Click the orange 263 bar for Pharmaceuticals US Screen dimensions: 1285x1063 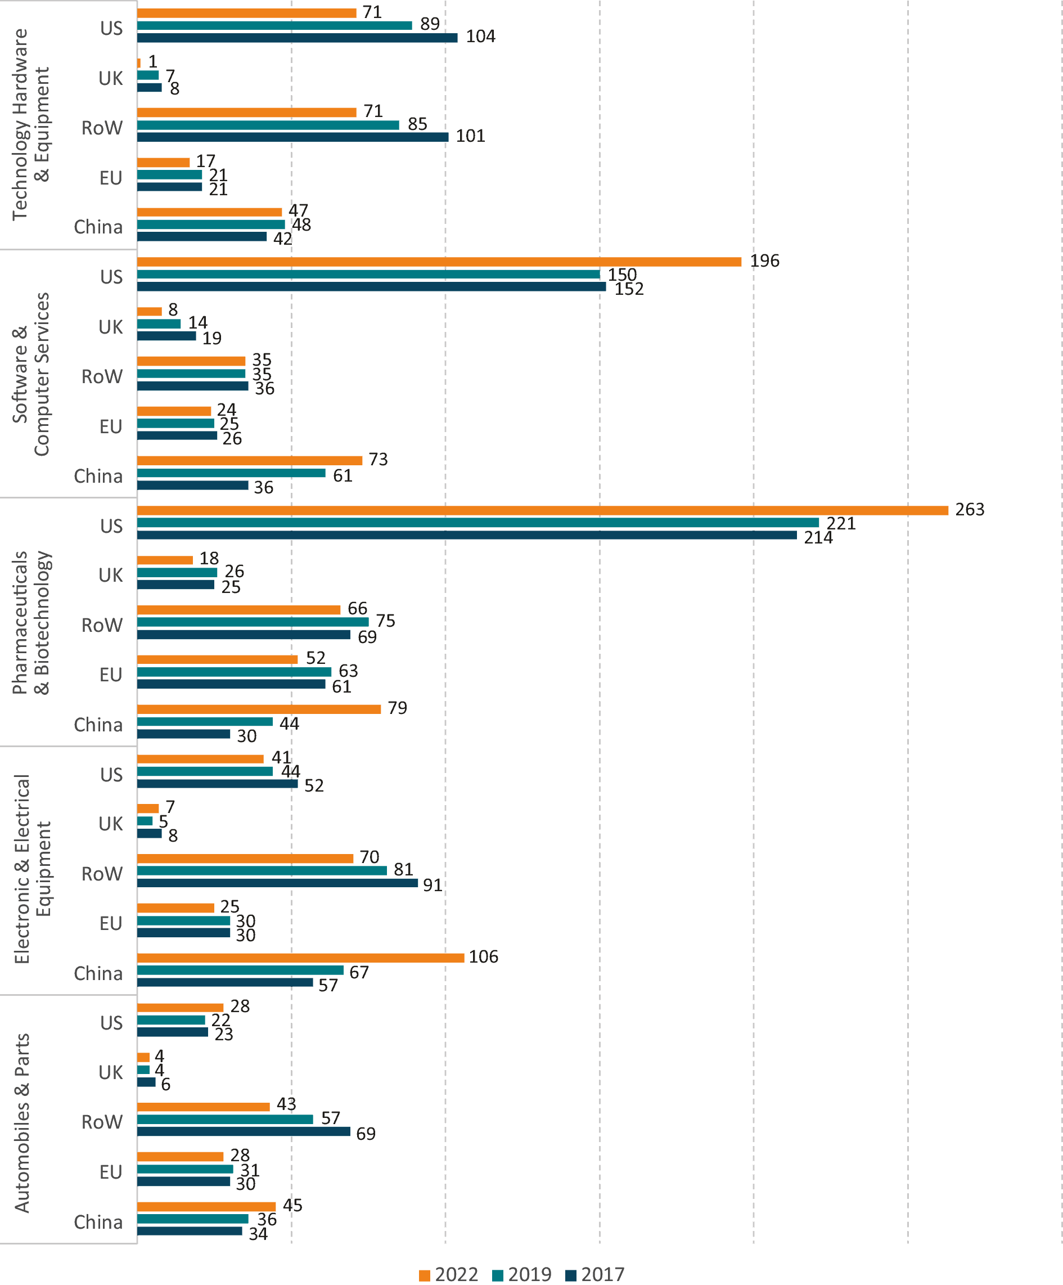pyautogui.click(x=543, y=510)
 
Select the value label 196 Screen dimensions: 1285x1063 pyautogui.click(x=764, y=261)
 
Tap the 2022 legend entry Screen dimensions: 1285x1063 pyautogui.click(x=449, y=1274)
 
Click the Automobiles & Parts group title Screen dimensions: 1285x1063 pyautogui.click(x=22, y=1123)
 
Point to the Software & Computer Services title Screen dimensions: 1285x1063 pyautogui.click(x=30, y=375)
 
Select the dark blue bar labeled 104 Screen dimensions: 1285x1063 pyautogui.click(x=298, y=38)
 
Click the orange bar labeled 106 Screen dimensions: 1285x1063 pyautogui.click(x=300, y=958)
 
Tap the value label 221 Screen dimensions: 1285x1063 pyautogui.click(x=841, y=523)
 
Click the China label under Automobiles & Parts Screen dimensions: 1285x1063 pyautogui.click(x=98, y=1222)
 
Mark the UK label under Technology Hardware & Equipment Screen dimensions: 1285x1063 pyautogui.click(x=111, y=78)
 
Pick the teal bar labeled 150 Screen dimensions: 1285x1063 pyautogui.click(x=368, y=274)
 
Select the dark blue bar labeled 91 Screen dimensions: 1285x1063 pyautogui.click(x=277, y=883)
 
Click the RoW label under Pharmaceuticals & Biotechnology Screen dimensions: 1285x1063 pyautogui.click(x=102, y=624)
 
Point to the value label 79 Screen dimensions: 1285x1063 pyautogui.click(x=397, y=708)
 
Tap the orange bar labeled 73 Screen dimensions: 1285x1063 pyautogui.click(x=250, y=460)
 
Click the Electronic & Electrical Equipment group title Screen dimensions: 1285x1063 pyautogui.click(x=32, y=869)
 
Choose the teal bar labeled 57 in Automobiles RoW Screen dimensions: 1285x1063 pyautogui.click(x=225, y=1119)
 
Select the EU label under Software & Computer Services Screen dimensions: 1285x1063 pyautogui.click(x=111, y=426)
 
